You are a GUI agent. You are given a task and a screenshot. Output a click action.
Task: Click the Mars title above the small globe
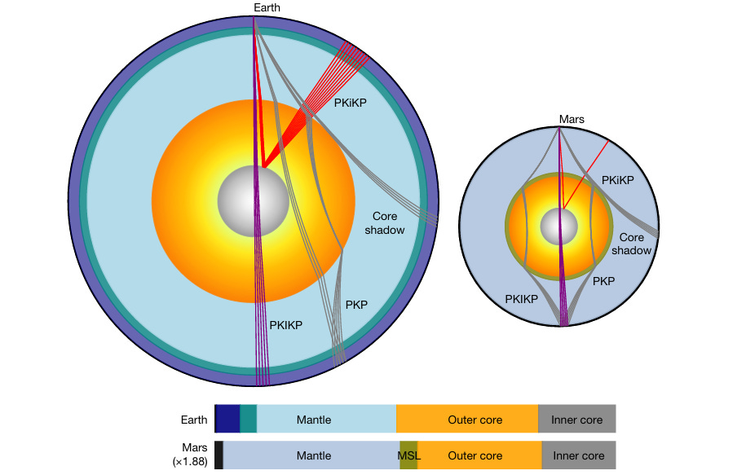click(571, 119)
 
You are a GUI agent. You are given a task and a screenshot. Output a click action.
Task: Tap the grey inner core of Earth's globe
click(253, 200)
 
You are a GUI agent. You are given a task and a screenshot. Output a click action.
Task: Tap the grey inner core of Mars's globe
click(559, 225)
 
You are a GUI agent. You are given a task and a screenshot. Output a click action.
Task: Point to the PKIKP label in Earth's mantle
click(286, 323)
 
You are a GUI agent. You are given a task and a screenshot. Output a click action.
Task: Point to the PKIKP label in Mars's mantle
click(521, 299)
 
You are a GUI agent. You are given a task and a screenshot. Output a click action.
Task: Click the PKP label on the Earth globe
click(356, 305)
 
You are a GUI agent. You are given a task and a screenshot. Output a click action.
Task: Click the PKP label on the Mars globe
click(603, 281)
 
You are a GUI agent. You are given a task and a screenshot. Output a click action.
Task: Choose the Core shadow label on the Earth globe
click(389, 223)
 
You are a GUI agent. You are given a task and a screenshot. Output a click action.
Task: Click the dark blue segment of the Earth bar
click(227, 419)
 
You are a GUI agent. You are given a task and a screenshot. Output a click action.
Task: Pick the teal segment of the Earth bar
click(248, 419)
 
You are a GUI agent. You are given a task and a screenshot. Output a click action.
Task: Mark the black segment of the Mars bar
click(219, 455)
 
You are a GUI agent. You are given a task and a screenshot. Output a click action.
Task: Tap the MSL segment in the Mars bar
click(408, 455)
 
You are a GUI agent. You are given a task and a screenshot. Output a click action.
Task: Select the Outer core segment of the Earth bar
click(467, 419)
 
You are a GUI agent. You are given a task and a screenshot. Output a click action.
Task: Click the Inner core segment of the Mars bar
click(579, 455)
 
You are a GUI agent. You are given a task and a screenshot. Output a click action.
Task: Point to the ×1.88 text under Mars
click(188, 462)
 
